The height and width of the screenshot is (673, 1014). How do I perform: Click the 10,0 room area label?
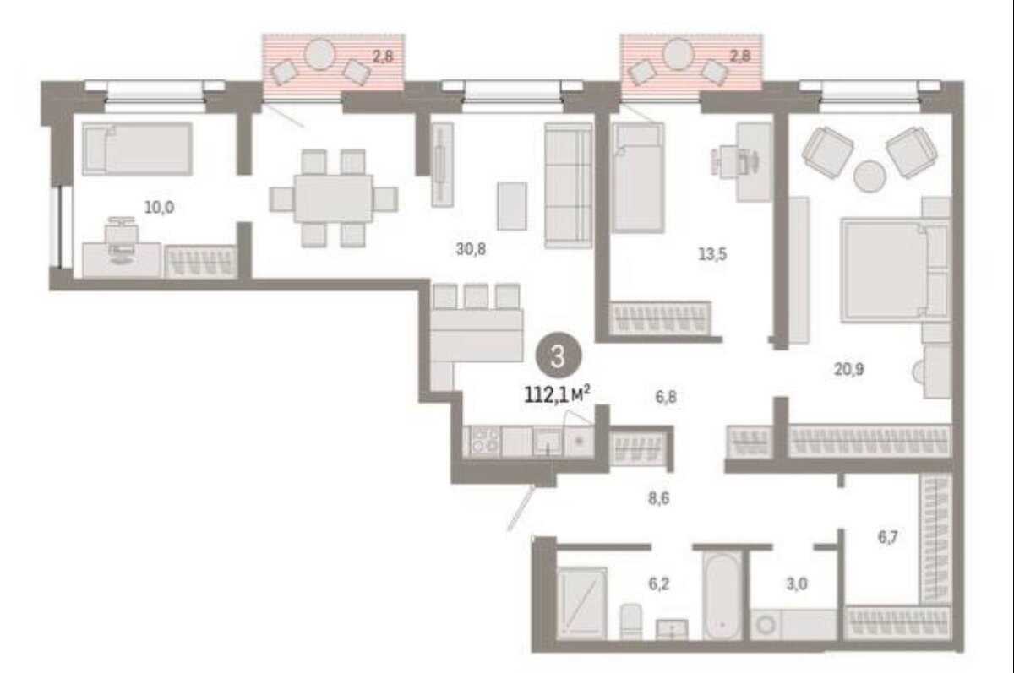pos(160,208)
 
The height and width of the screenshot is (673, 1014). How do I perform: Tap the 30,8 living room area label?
pos(471,249)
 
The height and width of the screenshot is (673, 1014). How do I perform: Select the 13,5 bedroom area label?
pos(712,254)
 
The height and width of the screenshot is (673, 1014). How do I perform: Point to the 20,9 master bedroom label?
pos(848,370)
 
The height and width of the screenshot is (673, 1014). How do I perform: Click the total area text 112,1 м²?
pos(557,394)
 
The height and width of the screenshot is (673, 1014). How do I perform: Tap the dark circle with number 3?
pos(559,355)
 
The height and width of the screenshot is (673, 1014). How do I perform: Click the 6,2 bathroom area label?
pos(659,583)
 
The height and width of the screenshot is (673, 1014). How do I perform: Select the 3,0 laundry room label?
pos(797,583)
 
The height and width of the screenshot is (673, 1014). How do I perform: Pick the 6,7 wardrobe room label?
pos(888,537)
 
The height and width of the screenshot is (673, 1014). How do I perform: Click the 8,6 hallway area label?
pos(658,498)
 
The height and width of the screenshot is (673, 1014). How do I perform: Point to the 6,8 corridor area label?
pos(666,397)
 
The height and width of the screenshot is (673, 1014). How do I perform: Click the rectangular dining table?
pos(334,198)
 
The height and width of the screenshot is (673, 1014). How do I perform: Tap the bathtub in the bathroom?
pos(722,596)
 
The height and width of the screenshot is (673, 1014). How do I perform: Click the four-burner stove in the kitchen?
pos(485,442)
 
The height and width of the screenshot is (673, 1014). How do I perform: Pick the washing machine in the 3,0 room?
pos(766,625)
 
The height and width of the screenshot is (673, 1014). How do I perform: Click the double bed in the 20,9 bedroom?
pos(896,270)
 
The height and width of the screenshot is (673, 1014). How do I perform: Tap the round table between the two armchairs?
pos(870,176)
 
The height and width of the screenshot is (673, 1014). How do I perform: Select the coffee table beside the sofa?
pos(512,206)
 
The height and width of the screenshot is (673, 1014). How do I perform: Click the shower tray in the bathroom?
pos(581,604)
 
